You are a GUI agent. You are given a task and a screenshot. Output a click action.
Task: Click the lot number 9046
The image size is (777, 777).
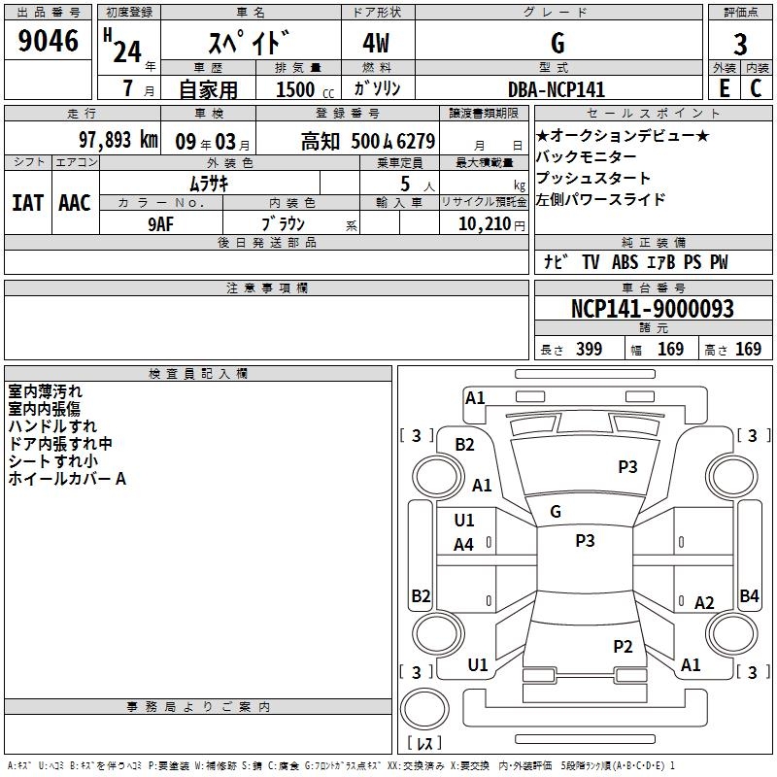pyautogui.click(x=49, y=42)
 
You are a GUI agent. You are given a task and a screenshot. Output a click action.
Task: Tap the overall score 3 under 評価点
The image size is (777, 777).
pyautogui.click(x=740, y=44)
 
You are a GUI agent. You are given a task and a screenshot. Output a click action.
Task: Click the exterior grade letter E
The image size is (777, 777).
pyautogui.click(x=724, y=88)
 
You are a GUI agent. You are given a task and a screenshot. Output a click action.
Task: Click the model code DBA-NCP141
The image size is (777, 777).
pyautogui.click(x=557, y=89)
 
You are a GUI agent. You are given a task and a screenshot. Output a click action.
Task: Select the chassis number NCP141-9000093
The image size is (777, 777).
pyautogui.click(x=653, y=309)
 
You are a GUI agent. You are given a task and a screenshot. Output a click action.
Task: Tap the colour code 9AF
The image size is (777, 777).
pyautogui.click(x=161, y=222)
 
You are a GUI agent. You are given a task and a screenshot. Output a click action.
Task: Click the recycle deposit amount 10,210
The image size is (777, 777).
pyautogui.click(x=484, y=223)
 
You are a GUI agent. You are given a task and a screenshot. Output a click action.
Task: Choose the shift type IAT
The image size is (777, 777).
pyautogui.click(x=27, y=202)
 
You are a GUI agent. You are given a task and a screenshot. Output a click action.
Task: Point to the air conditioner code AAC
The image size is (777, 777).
pyautogui.click(x=74, y=202)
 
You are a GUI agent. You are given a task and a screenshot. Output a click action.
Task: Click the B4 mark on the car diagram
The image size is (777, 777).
pyautogui.click(x=749, y=596)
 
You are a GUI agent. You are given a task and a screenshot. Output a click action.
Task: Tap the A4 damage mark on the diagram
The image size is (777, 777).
pyautogui.click(x=464, y=545)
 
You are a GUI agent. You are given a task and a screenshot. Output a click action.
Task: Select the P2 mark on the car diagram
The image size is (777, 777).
pyautogui.click(x=623, y=647)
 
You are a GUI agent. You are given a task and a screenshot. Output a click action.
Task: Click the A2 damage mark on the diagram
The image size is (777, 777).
pyautogui.click(x=704, y=602)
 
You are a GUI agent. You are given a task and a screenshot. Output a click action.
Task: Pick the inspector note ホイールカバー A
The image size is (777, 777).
pyautogui.click(x=67, y=479)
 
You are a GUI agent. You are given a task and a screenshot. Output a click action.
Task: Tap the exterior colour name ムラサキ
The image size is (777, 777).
pyautogui.click(x=208, y=183)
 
